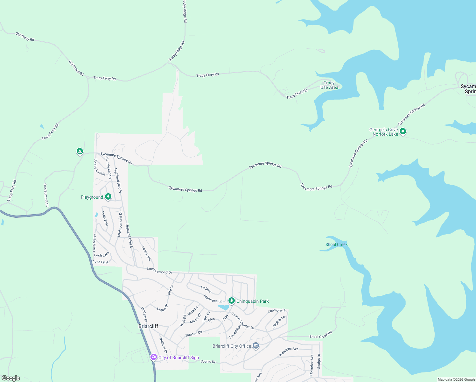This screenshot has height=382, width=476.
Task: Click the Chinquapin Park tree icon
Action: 232,301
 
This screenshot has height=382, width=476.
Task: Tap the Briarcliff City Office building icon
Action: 256,346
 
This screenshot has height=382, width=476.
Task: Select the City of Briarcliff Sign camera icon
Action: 154,357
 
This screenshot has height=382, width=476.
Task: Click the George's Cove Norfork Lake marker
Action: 402,131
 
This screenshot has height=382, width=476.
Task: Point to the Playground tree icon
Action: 108,197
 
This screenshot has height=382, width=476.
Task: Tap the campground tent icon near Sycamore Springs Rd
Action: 80,152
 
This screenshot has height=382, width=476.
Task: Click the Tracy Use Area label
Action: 329,85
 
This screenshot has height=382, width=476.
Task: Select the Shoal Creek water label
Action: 336,244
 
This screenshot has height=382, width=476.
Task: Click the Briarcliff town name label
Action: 148,326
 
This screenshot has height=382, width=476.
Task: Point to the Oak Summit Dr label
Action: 46,195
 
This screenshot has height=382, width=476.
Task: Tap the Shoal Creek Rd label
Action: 321,335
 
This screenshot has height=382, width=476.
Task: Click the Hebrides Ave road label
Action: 289,351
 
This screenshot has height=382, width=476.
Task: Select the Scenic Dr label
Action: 208,362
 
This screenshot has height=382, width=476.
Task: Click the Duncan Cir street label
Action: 194,334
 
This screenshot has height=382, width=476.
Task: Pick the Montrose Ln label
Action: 213,299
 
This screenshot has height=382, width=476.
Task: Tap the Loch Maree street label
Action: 94,243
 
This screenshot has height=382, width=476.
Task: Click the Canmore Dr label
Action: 277,310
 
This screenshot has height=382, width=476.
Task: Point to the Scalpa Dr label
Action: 319,361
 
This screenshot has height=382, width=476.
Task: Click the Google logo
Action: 11,378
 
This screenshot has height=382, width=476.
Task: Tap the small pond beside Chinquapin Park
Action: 223,307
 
